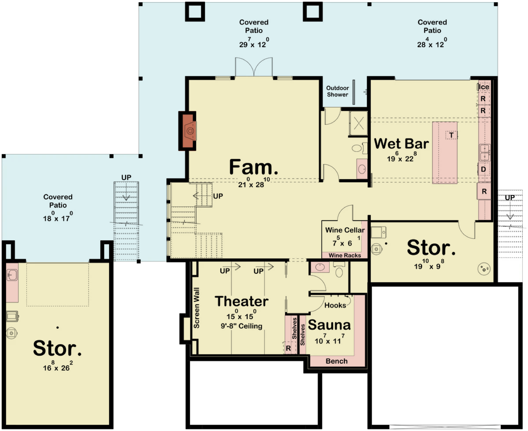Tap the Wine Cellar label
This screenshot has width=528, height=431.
coord(345,230)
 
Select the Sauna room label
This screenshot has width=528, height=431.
coord(329,325)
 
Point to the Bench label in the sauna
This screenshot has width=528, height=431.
coord(337,361)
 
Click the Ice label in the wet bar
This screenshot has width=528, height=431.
coord(484,87)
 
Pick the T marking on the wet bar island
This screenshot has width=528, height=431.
coord(451,135)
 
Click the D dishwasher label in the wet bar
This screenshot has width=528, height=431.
coord(483,169)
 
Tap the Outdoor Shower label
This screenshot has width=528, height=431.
coord(337,91)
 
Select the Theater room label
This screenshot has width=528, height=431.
coord(242,301)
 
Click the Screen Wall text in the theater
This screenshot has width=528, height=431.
coord(196,308)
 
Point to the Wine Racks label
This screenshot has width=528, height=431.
coord(345,255)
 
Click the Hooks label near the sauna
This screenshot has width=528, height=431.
coord(335,305)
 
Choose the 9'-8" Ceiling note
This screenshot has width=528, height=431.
coord(242,326)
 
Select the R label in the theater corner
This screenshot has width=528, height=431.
coord(288,348)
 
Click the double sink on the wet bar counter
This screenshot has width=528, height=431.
coord(485,153)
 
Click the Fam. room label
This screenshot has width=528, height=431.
coord(253,167)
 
